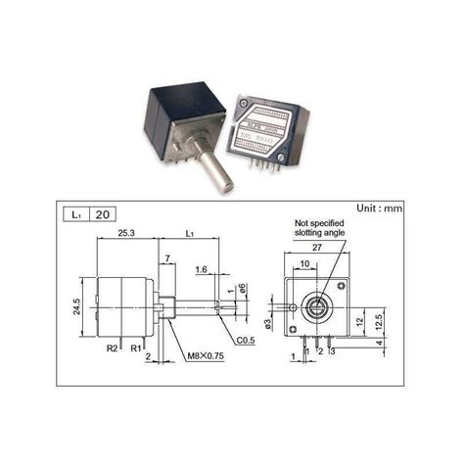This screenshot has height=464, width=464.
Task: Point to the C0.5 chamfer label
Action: click(x=247, y=340)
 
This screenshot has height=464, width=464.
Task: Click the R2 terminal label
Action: click(x=113, y=348)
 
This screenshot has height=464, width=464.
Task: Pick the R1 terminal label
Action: click(x=136, y=348)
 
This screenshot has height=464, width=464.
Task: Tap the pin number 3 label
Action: click(x=332, y=350)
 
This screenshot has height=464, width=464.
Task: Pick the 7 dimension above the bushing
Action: click(x=168, y=257)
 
